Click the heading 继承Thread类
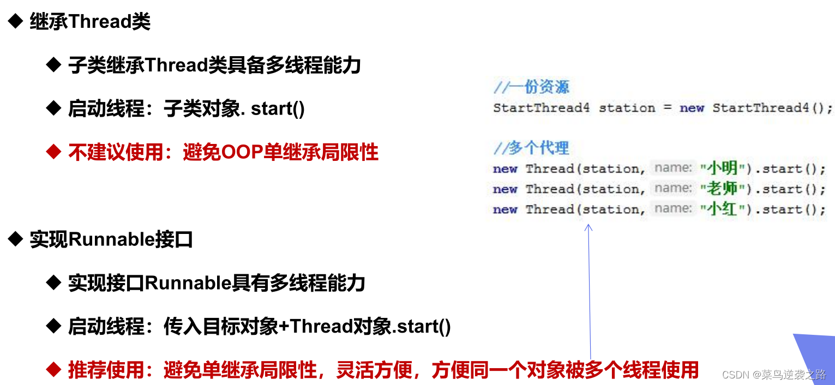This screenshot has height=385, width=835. [x=89, y=22]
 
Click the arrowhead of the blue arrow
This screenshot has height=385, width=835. [x=588, y=227]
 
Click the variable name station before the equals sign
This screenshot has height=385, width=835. [x=627, y=108]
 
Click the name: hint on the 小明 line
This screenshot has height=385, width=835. [x=673, y=169]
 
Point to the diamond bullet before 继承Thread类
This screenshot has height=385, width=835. [x=15, y=22]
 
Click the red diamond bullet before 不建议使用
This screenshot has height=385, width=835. [x=53, y=153]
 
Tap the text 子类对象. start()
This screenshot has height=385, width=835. [x=234, y=109]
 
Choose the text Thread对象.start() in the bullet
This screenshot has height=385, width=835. [x=371, y=327]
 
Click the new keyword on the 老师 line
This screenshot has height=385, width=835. [x=504, y=189]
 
